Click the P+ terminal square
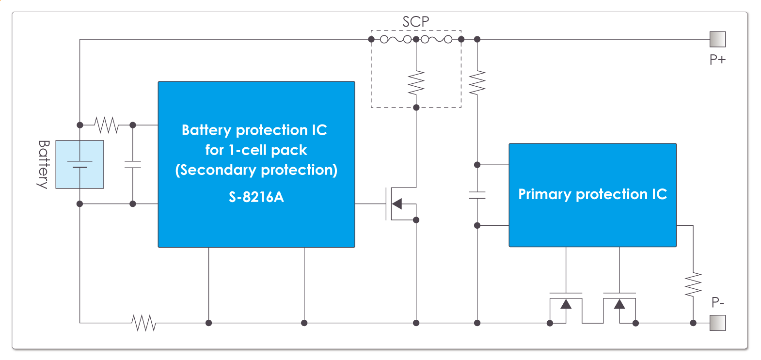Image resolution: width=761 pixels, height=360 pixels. click(x=717, y=39)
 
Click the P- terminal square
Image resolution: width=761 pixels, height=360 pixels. click(x=717, y=323)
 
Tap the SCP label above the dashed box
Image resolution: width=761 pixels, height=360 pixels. click(x=415, y=22)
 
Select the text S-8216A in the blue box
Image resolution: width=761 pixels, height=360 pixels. click(x=256, y=197)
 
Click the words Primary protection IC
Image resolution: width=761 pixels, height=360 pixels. click(x=592, y=194)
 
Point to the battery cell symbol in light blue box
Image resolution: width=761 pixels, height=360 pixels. click(x=79, y=164)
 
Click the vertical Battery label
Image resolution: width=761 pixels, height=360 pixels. click(x=44, y=164)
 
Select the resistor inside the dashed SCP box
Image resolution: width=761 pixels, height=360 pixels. click(x=416, y=83)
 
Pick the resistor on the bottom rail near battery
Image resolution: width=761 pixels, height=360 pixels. click(x=143, y=323)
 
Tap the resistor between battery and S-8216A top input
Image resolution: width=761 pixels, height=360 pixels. click(x=106, y=125)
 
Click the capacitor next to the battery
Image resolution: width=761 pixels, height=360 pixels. click(x=133, y=165)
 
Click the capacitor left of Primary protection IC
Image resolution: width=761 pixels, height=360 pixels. click(x=477, y=195)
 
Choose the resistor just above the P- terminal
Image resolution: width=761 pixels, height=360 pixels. click(x=693, y=285)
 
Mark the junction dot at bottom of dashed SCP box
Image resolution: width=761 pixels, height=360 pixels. click(x=416, y=108)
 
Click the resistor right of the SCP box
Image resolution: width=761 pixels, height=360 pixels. click(x=477, y=83)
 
